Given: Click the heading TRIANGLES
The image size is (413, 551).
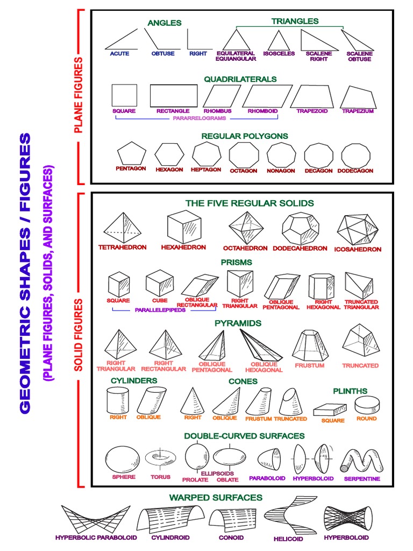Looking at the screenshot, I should [295, 21].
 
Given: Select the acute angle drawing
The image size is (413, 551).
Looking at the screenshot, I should [120, 40].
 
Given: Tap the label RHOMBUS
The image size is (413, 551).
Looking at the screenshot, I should [217, 111].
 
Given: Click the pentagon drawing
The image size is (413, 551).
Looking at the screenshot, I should [131, 153].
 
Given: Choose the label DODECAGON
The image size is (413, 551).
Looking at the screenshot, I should [355, 171].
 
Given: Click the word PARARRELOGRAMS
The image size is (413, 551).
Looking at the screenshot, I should [200, 118].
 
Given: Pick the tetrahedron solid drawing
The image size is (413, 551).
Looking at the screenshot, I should [123, 227].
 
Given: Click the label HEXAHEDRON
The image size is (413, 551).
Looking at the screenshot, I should [183, 248].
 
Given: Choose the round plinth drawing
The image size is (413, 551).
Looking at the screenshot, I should [367, 405].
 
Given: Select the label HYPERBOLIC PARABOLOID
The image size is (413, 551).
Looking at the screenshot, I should [96, 537].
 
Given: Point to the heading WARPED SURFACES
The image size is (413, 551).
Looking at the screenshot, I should [216, 497].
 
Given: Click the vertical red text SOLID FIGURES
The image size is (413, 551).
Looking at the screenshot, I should [79, 335].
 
